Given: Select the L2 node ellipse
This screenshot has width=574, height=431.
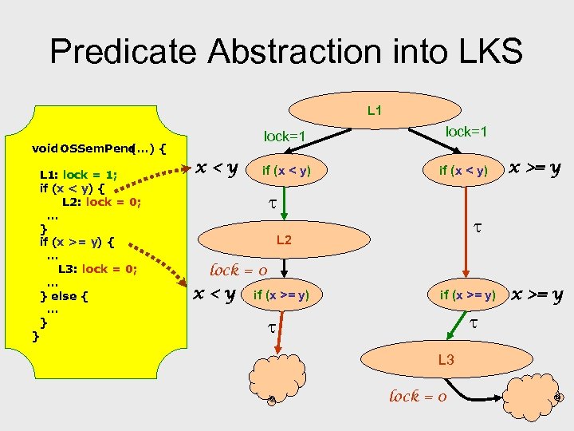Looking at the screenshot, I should (x=283, y=240).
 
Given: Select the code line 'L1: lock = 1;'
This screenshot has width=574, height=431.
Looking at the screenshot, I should (x=78, y=175).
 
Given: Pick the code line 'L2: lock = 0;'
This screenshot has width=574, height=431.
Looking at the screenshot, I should (x=101, y=202).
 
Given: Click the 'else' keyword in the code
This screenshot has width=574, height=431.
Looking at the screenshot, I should (x=65, y=296).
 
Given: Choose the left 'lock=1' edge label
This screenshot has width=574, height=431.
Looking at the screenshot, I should (x=285, y=136).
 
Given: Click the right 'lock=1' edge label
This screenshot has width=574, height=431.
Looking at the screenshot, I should (x=466, y=131).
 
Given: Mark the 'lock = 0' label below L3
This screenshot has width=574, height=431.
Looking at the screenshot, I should (x=417, y=396).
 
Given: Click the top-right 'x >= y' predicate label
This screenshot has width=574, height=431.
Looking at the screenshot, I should (x=535, y=168).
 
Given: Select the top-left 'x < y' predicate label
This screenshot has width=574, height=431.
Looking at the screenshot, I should (x=221, y=168).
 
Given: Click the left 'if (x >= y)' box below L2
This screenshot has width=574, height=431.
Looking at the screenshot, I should (x=281, y=296).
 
